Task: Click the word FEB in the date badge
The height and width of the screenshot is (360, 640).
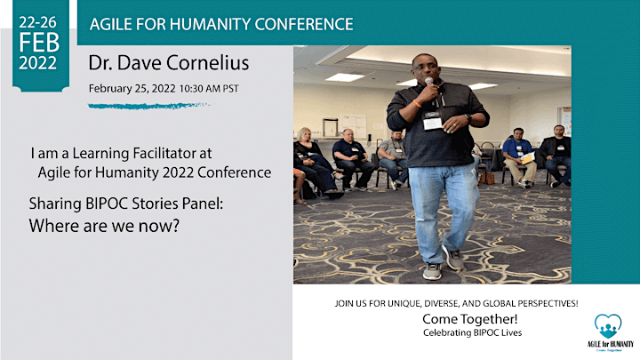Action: (x=39, y=43)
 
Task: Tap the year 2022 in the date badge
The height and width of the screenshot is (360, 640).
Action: (x=38, y=63)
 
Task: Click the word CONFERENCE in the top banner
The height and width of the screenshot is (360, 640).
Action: (x=304, y=25)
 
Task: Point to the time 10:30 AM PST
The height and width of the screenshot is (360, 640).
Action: (x=209, y=89)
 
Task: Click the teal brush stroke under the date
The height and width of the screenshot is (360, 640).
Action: (x=149, y=106)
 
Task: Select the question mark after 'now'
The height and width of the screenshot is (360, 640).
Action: (x=176, y=226)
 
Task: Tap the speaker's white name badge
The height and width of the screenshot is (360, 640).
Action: (x=432, y=121)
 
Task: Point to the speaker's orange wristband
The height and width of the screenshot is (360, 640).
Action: (x=417, y=103)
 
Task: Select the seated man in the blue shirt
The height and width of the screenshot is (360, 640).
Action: (x=518, y=157)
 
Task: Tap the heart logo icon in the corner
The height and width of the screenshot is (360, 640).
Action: (x=608, y=325)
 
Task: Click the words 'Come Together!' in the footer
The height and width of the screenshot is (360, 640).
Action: (x=470, y=319)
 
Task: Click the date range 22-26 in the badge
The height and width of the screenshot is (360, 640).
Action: (x=37, y=22)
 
